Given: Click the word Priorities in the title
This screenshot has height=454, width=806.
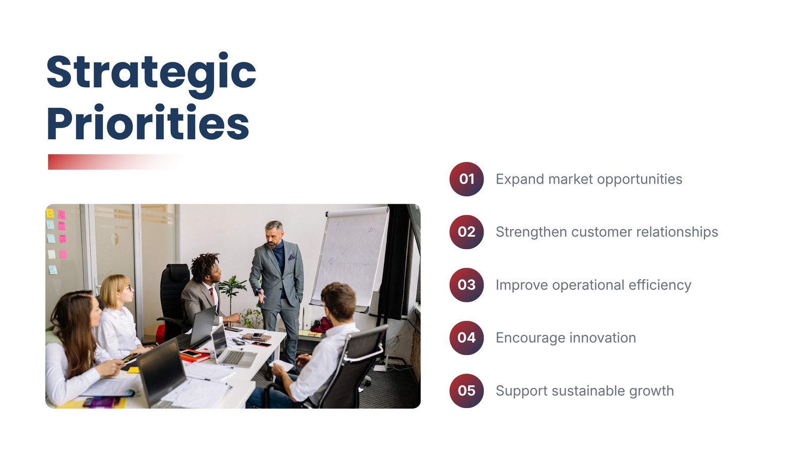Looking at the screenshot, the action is (148, 123).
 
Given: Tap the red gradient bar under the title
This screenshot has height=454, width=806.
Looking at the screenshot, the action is (115, 162).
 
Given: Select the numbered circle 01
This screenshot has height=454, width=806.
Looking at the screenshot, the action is (466, 179).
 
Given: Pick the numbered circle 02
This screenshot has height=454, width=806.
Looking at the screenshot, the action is (466, 232).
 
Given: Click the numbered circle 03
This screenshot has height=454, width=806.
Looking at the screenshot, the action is (466, 285).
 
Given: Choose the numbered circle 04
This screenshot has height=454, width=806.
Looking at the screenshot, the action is (466, 338).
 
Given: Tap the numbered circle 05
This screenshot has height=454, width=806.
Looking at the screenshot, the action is (466, 391).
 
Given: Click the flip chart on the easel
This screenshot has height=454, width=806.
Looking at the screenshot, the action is (350, 257).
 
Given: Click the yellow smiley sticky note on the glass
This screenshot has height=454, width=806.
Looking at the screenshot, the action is (50, 213).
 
